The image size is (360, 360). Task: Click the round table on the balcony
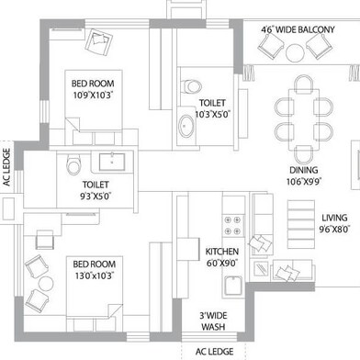tap(295, 52)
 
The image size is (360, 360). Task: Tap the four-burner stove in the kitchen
tap(233, 225)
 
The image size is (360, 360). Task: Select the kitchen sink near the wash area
tap(233, 286)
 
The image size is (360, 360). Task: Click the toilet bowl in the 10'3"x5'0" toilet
tap(192, 86)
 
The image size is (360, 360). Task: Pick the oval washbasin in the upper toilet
tap(186, 126)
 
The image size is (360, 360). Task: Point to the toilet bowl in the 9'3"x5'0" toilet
tap(73, 164)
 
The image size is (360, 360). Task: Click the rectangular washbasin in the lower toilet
tap(112, 162)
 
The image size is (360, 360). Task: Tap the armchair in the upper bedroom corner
tap(99, 42)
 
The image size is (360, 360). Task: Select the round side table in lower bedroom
tap(46, 285)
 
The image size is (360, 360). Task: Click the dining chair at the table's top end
tap(304, 84)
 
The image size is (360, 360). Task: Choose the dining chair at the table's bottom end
tap(304, 155)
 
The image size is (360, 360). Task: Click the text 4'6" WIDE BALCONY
tap(298, 29)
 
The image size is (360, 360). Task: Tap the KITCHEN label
tap(221, 252)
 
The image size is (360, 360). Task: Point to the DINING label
tap(304, 170)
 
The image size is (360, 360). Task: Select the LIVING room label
tap(334, 218)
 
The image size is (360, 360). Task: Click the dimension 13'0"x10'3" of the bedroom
tap(95, 276)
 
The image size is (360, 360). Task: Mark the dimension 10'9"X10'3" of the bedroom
tap(93, 95)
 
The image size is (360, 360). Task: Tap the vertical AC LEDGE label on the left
tap(6, 167)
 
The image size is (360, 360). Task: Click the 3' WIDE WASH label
tap(213, 321)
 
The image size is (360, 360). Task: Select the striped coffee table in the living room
tap(301, 224)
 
